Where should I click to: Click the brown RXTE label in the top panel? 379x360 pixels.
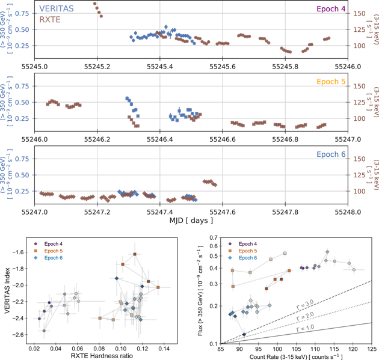[52, 20]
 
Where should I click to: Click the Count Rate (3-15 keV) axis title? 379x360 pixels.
[297, 356]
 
